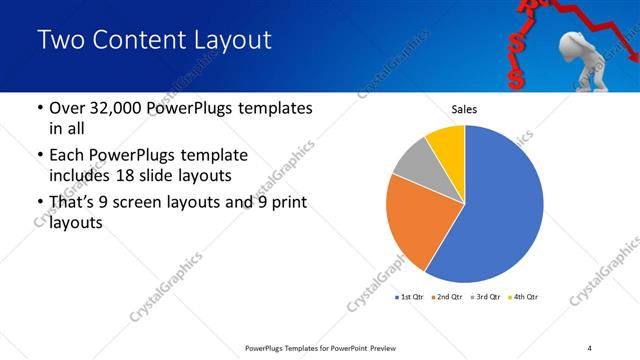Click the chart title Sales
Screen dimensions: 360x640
coord(464,109)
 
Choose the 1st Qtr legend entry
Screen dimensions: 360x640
coord(410,297)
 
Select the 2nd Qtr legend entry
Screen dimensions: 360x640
coord(449,297)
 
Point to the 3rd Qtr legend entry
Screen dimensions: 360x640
coord(487,297)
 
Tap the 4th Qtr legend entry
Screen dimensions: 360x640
coord(525,297)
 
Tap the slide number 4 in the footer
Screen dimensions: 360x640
coord(590,347)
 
